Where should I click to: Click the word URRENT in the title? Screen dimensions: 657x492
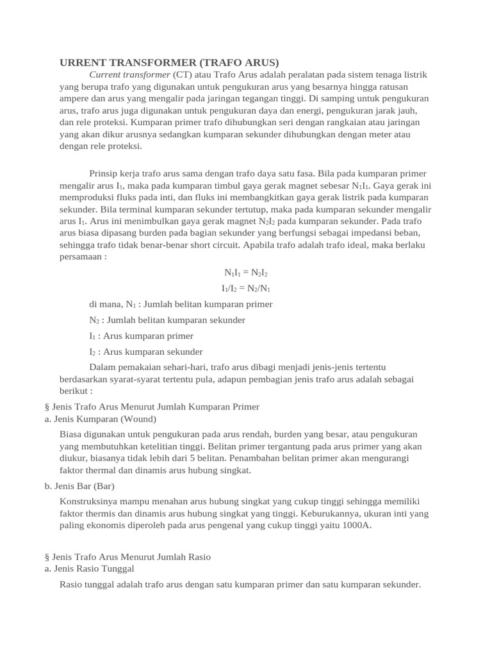tap(79, 62)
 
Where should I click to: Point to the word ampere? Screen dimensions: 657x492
tap(75, 99)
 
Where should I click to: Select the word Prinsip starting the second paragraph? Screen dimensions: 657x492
tap(104, 174)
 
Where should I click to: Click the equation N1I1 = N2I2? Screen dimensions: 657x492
tap(245, 273)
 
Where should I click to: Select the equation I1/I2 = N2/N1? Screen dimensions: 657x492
tap(245, 288)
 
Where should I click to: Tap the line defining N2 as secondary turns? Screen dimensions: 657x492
tap(167, 320)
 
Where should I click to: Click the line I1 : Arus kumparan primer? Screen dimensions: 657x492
tap(141, 336)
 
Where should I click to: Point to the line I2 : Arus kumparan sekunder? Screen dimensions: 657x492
tap(145, 352)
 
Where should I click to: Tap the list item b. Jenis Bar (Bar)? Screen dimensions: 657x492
tap(79, 486)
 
